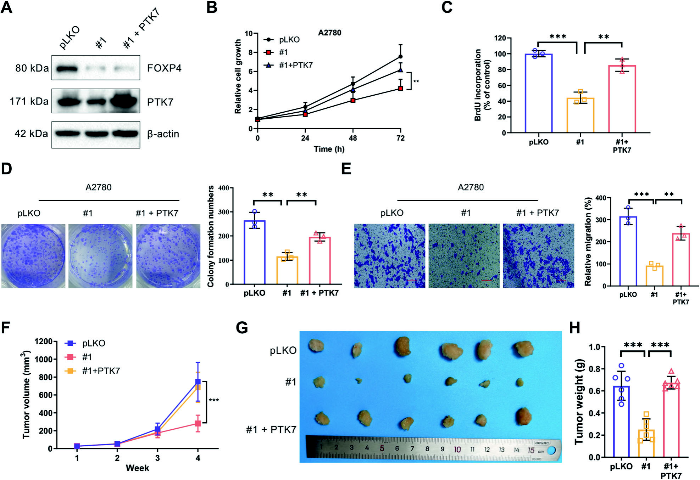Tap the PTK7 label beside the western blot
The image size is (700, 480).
point(160,102)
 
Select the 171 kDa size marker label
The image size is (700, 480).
point(29,101)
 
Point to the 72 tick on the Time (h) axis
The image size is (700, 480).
point(400,138)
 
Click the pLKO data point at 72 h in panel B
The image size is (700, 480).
point(400,57)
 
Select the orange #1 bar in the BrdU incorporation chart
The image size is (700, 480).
point(580,115)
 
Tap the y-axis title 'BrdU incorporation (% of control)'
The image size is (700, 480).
point(482,85)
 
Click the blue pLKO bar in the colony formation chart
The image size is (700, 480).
point(255,252)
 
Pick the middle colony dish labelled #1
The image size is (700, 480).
point(100,256)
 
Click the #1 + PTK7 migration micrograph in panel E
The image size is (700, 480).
point(538,255)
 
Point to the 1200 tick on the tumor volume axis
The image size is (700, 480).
point(44,341)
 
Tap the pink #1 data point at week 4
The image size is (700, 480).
point(198,423)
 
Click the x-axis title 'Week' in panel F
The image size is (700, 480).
point(137,468)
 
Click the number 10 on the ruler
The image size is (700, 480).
point(457,450)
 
